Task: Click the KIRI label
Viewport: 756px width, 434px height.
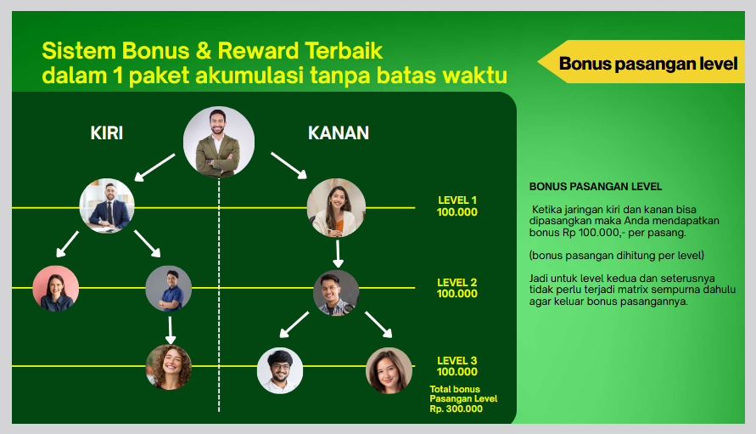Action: (x=107, y=133)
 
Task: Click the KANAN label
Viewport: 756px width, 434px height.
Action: (x=338, y=133)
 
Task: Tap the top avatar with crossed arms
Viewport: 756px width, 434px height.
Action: (x=219, y=142)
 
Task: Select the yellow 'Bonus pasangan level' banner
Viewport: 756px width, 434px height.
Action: (x=647, y=64)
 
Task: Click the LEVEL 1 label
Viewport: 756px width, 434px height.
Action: (x=457, y=200)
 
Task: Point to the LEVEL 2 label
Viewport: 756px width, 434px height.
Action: (x=457, y=282)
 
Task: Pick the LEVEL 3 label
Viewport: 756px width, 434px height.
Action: (x=457, y=360)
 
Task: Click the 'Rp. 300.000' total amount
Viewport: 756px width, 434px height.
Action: (x=456, y=409)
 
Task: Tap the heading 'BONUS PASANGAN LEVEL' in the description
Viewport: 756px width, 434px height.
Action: (x=596, y=187)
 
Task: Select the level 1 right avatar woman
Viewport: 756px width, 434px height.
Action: (x=337, y=207)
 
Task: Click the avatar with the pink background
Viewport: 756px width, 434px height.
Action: (x=56, y=289)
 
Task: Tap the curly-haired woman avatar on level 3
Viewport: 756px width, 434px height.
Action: (x=169, y=366)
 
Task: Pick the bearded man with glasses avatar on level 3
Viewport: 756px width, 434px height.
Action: (x=280, y=370)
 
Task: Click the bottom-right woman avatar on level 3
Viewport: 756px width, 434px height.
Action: (x=389, y=370)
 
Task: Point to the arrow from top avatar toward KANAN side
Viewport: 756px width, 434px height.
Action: (x=289, y=165)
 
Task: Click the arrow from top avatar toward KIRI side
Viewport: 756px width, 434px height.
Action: (x=155, y=166)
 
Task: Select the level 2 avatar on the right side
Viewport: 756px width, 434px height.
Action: (x=336, y=293)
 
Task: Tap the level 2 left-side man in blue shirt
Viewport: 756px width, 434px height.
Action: (x=169, y=289)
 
